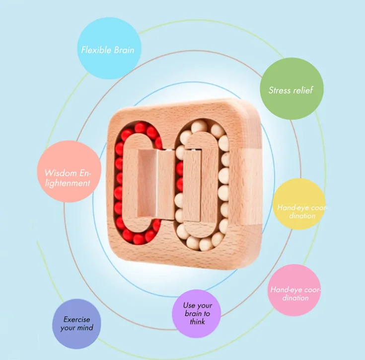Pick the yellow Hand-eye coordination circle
299,204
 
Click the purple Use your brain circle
196,314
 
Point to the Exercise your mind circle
77,324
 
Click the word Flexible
96,50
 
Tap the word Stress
279,90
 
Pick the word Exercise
77,320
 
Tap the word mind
85,328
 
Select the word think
197,322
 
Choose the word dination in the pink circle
295,298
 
